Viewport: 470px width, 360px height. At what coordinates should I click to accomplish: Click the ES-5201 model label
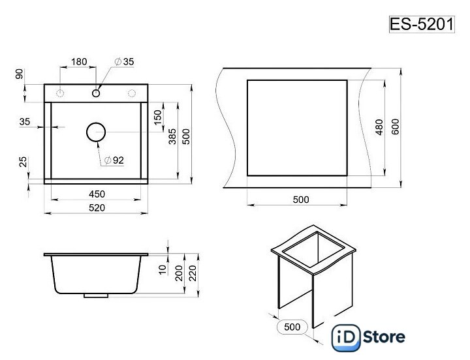pyautogui.click(x=422, y=24)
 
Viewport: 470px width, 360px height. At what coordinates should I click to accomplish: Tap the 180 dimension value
pyautogui.click(x=79, y=62)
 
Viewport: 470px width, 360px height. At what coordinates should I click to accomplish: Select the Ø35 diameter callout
pyautogui.click(x=124, y=62)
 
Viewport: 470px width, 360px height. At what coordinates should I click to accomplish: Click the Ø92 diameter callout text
pyautogui.click(x=114, y=160)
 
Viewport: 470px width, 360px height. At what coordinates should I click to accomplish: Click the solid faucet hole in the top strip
pyautogui.click(x=96, y=93)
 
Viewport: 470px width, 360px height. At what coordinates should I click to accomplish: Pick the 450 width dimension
pyautogui.click(x=97, y=194)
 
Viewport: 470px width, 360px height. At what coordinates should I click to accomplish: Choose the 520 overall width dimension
pyautogui.click(x=97, y=208)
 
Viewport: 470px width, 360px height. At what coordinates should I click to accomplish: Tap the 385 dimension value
pyautogui.click(x=172, y=136)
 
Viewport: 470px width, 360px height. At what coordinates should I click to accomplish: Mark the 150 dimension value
pyautogui.click(x=158, y=117)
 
